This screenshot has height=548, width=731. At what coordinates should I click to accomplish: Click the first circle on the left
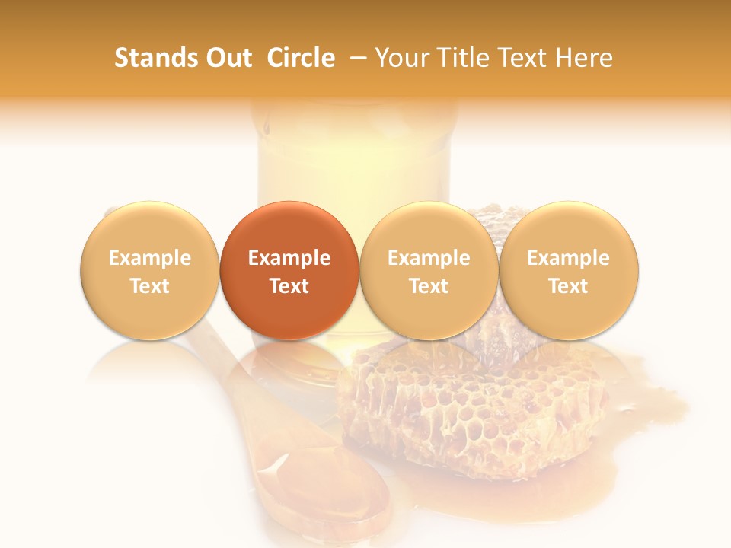tap(150, 270)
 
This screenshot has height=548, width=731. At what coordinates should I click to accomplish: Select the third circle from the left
tap(429, 270)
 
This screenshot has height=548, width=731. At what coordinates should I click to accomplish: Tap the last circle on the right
tap(569, 270)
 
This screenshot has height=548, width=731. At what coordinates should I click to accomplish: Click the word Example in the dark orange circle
tap(289, 258)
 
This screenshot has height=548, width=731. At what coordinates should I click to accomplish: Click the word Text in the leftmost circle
tap(150, 286)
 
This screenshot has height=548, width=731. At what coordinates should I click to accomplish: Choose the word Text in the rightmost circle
tap(569, 286)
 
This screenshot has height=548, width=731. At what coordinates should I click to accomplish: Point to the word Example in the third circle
tap(429, 258)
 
